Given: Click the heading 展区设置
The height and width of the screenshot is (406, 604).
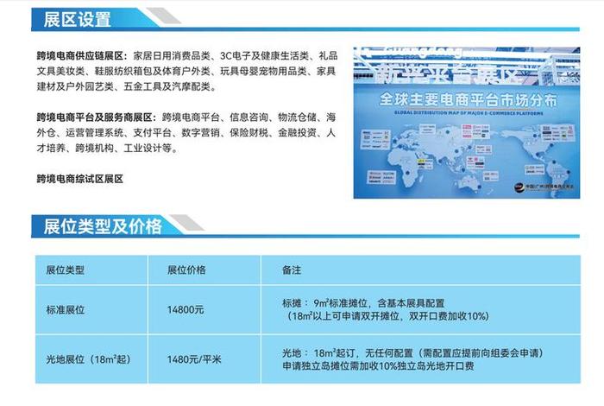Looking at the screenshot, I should (72, 18).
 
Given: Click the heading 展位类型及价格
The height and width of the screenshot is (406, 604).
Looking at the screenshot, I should (97, 226).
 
